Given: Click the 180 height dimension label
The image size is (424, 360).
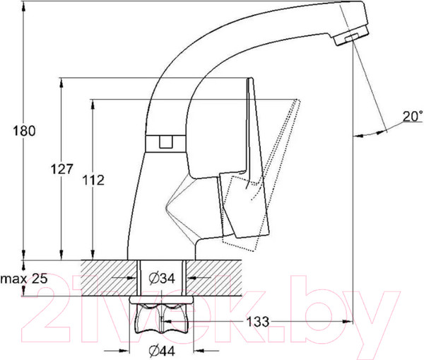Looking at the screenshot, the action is (24, 131).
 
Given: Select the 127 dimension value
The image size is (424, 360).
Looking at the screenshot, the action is (62, 169).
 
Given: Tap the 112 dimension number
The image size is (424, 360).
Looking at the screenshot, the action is (93, 180).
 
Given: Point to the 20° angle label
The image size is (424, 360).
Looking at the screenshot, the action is (413, 116).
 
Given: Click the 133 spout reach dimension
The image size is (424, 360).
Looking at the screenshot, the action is (258, 322).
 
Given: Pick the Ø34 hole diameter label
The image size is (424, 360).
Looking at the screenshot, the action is (162, 278).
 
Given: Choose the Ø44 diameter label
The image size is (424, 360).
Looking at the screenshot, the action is (162, 351).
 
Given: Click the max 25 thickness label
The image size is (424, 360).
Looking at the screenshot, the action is (24, 278).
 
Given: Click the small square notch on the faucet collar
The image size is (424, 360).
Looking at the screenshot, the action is (166, 142).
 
